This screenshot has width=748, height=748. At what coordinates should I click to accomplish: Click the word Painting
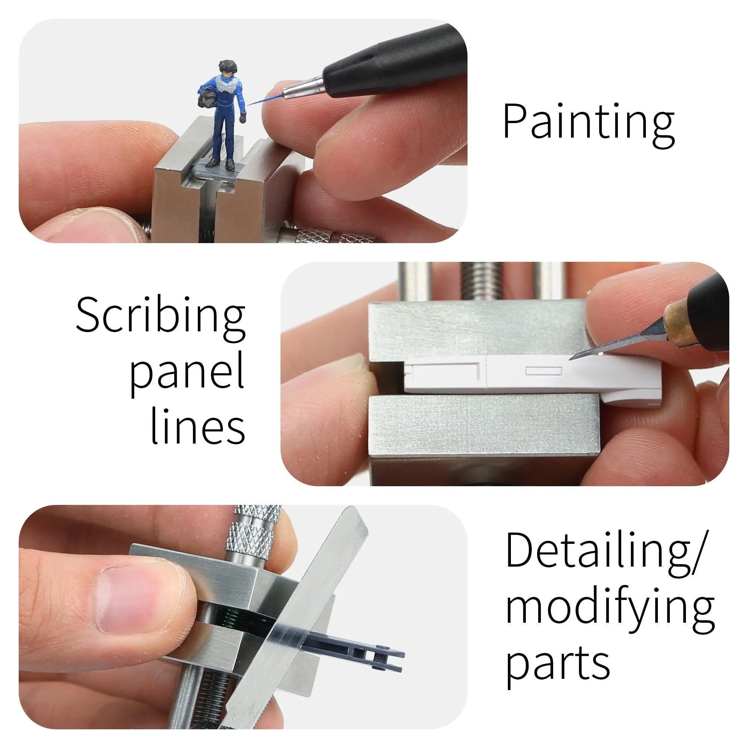click(588, 123)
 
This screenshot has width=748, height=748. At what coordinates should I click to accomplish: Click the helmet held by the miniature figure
click(208, 98)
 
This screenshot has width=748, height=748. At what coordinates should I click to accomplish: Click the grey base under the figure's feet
click(219, 170)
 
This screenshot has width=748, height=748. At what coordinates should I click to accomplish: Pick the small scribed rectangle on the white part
click(543, 371)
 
